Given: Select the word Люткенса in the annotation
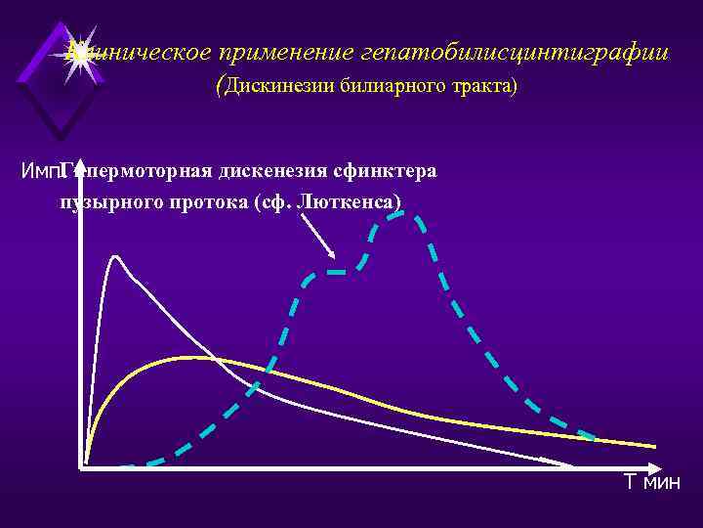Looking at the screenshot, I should [352, 200].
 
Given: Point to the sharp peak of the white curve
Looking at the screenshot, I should [115, 255].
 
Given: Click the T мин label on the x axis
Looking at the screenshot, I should [652, 482].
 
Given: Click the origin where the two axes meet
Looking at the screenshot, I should [78, 466].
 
